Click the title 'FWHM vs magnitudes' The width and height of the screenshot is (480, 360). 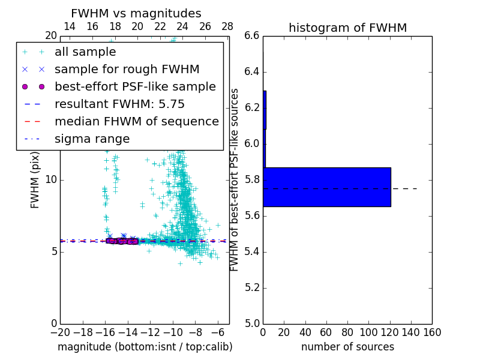click(x=136, y=14)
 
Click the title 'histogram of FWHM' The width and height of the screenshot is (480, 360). click(x=347, y=28)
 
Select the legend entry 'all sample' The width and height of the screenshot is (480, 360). click(x=85, y=52)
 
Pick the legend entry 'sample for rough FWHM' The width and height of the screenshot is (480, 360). click(x=127, y=70)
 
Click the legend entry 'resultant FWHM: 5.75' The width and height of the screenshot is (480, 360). click(x=119, y=104)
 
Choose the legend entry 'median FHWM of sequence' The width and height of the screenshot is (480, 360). click(x=136, y=122)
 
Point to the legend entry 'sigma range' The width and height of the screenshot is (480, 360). click(x=92, y=139)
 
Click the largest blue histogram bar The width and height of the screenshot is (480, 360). click(x=327, y=187)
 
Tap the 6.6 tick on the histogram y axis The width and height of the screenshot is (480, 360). click(x=252, y=36)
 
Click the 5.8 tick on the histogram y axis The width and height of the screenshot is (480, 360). click(x=252, y=179)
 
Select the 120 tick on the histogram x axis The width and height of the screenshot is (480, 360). click(x=389, y=332)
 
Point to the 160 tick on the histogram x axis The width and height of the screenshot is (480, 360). click(x=432, y=332)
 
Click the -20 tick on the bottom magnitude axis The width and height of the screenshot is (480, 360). click(x=60, y=332)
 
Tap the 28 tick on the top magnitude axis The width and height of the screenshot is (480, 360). click(x=227, y=27)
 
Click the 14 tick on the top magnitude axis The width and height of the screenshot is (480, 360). click(x=70, y=27)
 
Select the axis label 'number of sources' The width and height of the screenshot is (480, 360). click(x=347, y=347)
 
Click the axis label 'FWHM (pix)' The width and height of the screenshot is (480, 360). click(x=35, y=180)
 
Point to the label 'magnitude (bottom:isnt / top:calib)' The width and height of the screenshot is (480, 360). click(x=145, y=347)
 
